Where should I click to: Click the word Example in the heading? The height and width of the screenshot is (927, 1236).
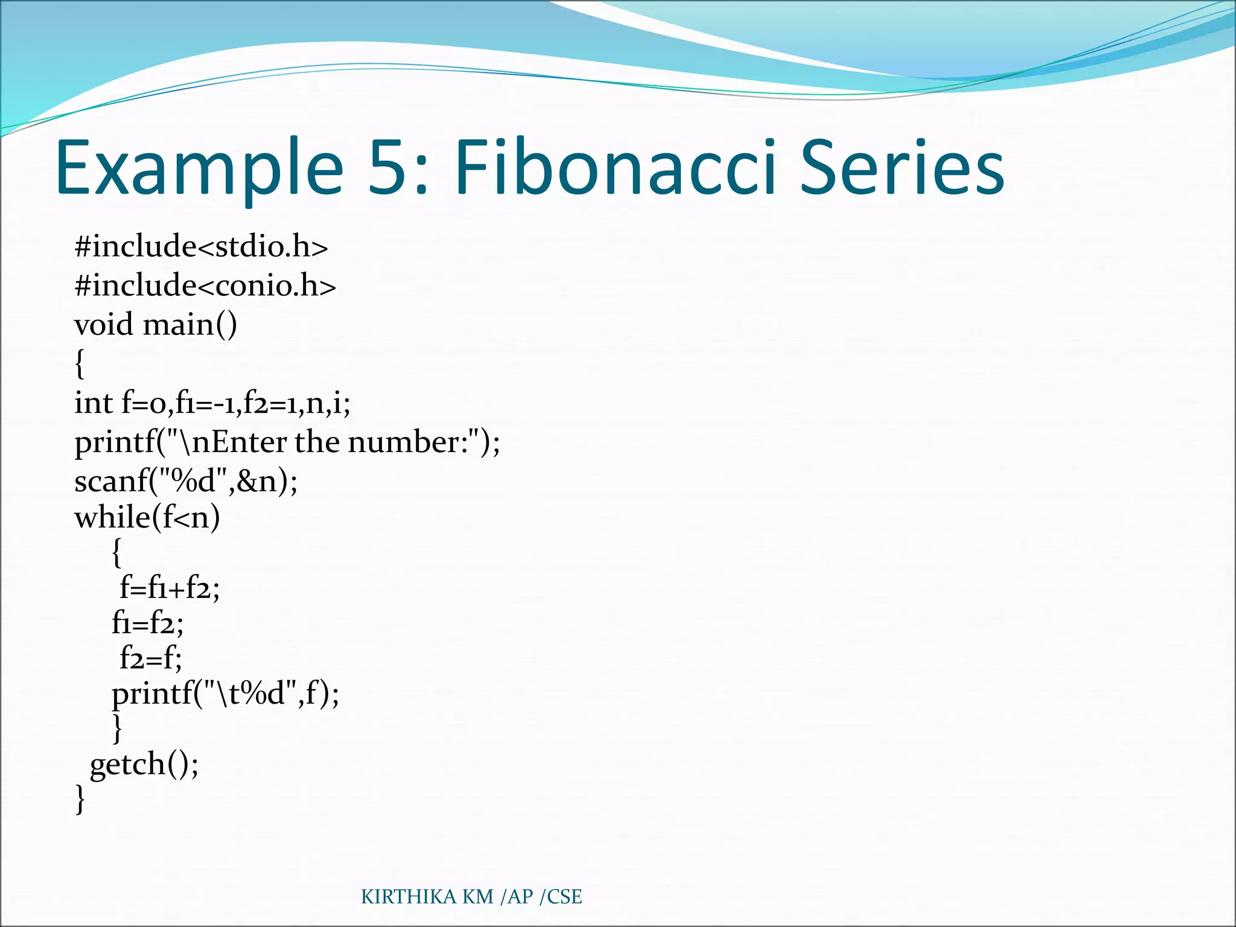tap(199, 169)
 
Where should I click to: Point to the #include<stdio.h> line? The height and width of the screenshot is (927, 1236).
tap(201, 246)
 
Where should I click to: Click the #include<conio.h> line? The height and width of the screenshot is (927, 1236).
tap(205, 285)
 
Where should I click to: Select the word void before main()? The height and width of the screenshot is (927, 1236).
tap(103, 325)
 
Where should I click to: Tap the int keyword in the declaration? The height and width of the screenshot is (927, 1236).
tap(93, 403)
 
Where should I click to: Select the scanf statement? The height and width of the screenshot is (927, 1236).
tap(186, 481)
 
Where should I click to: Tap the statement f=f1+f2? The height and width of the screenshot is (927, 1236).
tap(170, 587)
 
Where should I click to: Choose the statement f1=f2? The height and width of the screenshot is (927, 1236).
tap(147, 622)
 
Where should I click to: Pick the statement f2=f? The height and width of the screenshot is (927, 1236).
tap(150, 657)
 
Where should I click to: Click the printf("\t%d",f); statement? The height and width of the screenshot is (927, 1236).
tap(225, 693)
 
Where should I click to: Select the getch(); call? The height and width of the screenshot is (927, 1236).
tap(144, 764)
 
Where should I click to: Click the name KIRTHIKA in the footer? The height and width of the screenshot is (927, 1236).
tap(408, 897)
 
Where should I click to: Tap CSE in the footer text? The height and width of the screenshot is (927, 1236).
tap(564, 897)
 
